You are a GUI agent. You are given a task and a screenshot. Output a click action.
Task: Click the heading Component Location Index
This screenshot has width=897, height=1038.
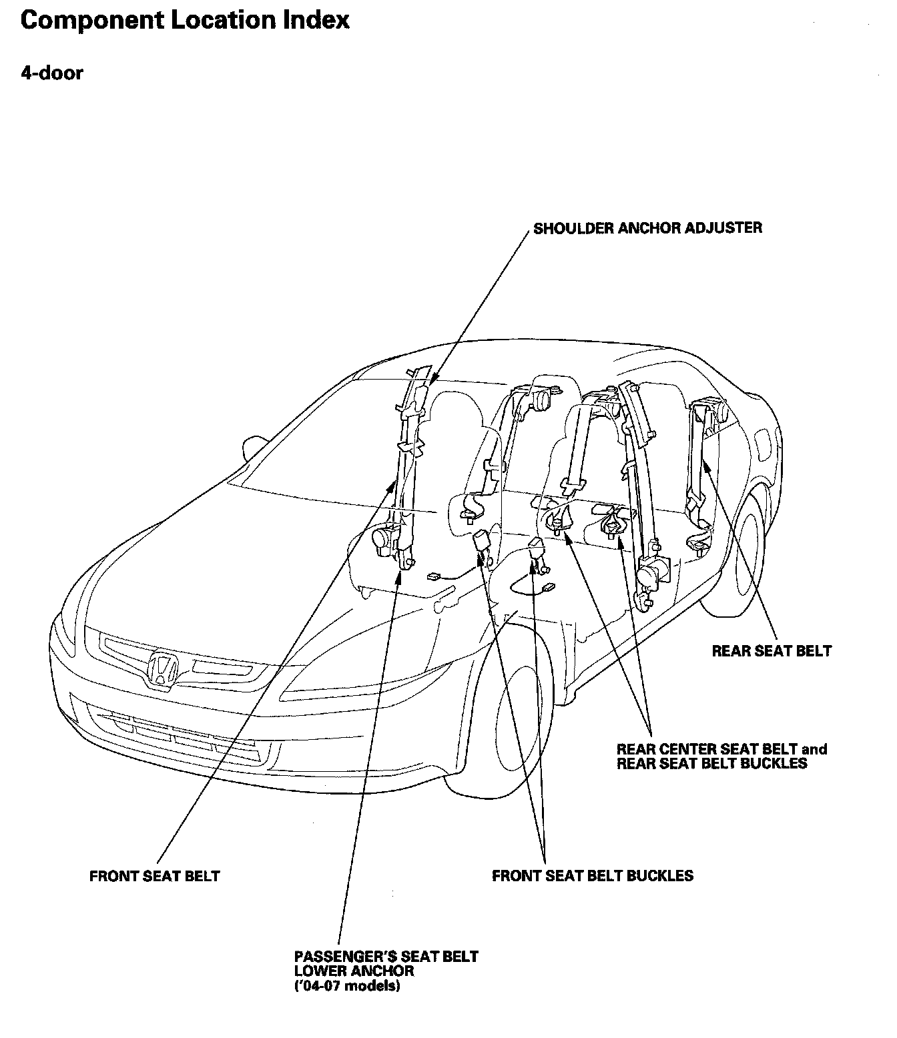185,20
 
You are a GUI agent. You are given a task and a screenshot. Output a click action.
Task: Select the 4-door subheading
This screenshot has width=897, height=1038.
52,73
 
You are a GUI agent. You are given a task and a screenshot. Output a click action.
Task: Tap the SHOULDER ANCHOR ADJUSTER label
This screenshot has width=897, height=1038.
647,228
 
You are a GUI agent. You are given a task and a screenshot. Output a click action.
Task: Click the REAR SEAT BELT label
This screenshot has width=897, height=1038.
772,650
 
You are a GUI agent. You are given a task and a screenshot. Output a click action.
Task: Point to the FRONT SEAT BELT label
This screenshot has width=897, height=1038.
154,876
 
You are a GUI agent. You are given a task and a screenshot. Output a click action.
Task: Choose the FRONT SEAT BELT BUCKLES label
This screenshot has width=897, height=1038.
593,875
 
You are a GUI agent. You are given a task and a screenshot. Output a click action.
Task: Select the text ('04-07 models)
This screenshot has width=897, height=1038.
347,987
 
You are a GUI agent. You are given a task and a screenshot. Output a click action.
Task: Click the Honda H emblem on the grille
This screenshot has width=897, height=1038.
163,667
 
